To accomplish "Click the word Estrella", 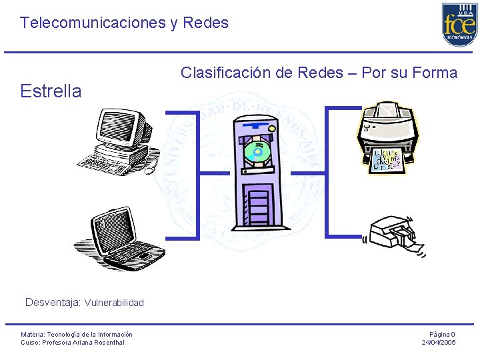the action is coord(51,91).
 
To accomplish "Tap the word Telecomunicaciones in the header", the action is coord(92,23).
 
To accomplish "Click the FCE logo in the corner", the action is coord(459,25).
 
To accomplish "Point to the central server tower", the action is coord(257,173).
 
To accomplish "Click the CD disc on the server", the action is coord(257,153).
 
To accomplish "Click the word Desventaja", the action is coord(53,303).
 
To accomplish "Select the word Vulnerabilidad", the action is coord(114,303).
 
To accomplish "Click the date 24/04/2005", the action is coord(439,343).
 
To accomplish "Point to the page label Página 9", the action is coord(442,334).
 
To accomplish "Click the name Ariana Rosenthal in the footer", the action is coord(98,343).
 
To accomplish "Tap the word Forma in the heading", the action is coord(435,73).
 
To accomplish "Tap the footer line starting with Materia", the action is coord(77,334).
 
